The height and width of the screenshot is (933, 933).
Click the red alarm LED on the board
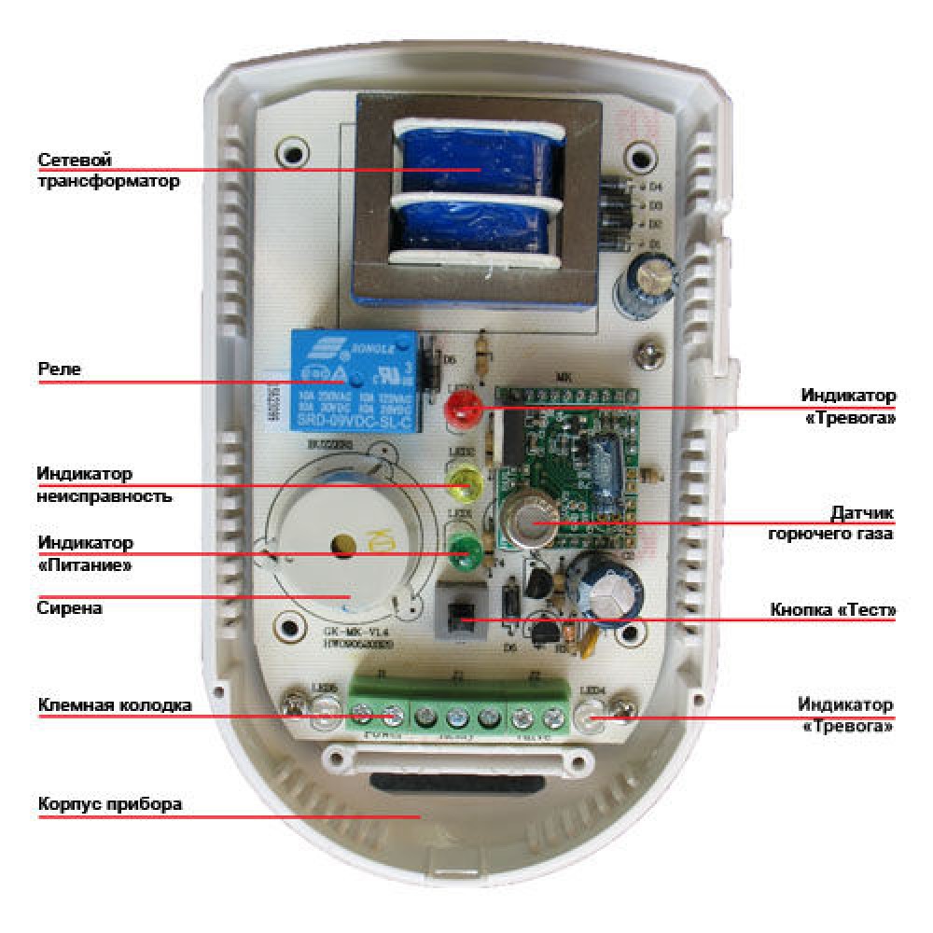459,409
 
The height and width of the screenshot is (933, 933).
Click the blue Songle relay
355,381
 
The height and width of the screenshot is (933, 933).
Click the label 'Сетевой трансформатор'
107,171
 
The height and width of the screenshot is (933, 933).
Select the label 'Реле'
60,369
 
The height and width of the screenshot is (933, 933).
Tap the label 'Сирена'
69,608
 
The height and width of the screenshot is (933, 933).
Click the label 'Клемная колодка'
115,705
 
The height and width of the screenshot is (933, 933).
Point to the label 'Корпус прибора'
110,804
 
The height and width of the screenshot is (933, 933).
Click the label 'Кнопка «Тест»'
833,610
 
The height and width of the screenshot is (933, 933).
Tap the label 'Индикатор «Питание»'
85,552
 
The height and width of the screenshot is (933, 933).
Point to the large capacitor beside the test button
607,588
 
